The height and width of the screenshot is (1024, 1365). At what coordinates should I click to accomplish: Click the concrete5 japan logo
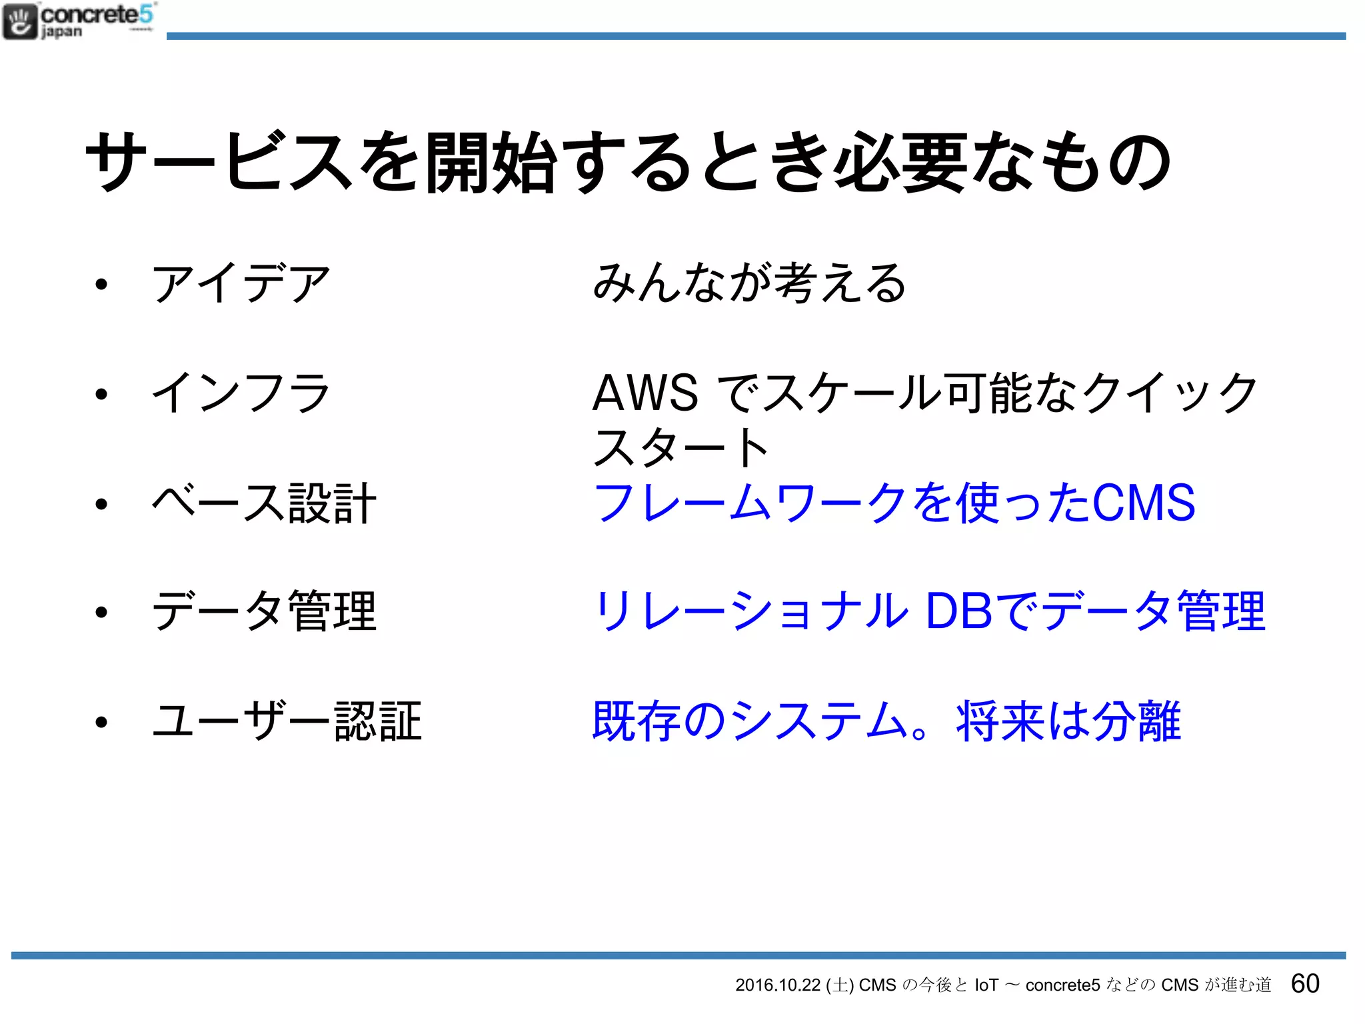click(79, 21)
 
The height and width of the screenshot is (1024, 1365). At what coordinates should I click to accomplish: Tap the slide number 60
click(1304, 983)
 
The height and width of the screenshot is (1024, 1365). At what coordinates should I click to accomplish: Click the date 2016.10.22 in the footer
click(777, 985)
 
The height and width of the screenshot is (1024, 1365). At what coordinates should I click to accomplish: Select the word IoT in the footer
click(986, 985)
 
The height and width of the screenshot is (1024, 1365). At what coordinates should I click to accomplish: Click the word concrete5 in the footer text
click(1062, 985)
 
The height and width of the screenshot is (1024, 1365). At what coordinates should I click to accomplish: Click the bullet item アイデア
click(241, 283)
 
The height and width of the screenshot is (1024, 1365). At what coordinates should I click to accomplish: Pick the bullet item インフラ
click(241, 393)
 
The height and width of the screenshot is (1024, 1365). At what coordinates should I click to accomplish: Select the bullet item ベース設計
click(264, 503)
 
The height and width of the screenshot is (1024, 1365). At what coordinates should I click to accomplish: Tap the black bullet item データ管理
click(264, 612)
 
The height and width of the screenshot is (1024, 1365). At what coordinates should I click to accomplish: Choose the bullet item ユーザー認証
click(287, 721)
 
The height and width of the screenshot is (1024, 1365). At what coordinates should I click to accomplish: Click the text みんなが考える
click(749, 283)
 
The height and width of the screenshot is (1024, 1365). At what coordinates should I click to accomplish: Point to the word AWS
click(645, 393)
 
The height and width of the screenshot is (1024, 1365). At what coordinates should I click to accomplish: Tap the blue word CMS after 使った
click(1144, 503)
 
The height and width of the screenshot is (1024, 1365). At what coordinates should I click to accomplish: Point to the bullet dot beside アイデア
click(101, 285)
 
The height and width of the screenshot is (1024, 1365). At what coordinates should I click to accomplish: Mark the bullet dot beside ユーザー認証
click(101, 722)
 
